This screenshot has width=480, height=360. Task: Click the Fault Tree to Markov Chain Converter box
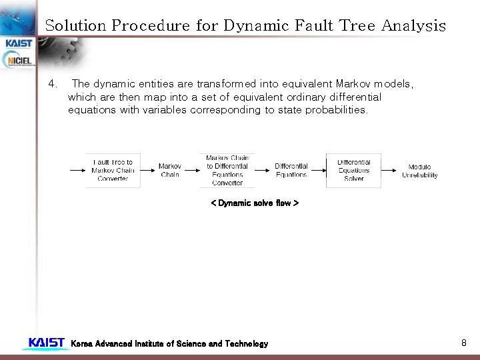[x=113, y=171]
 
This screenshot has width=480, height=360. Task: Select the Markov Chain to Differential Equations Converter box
[x=227, y=171]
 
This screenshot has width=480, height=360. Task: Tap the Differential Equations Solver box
[x=353, y=171]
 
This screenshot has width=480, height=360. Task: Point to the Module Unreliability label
[x=419, y=171]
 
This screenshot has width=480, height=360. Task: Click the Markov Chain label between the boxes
[x=170, y=171]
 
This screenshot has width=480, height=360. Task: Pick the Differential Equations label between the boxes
[x=291, y=171]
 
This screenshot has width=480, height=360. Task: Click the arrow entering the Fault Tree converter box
[x=76, y=171]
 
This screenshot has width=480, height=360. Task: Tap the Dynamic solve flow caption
[x=254, y=203]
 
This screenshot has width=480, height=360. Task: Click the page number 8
[x=463, y=343]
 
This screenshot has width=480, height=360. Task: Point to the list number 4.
[x=53, y=84]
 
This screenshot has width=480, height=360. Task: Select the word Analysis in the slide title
[x=413, y=26]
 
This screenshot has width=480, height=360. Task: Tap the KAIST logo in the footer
[x=46, y=343]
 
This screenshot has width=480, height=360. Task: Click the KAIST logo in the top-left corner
[x=18, y=43]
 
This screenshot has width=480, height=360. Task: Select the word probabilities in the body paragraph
[x=336, y=110]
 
